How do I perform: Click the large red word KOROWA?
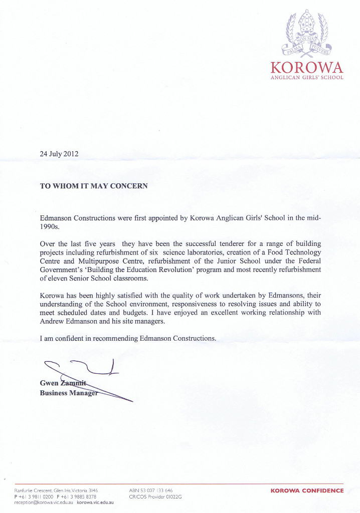pos(306,68)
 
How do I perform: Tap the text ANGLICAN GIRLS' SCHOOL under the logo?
pos(306,78)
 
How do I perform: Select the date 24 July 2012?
pos(59,154)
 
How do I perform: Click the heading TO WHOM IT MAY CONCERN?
pos(94,186)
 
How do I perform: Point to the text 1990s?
pos(49,227)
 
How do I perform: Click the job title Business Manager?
pos(68,393)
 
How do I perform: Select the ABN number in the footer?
pos(151,490)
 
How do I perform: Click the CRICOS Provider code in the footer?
pos(155,496)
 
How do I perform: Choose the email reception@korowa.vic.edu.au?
pos(44,501)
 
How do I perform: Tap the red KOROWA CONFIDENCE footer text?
pos(307,490)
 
